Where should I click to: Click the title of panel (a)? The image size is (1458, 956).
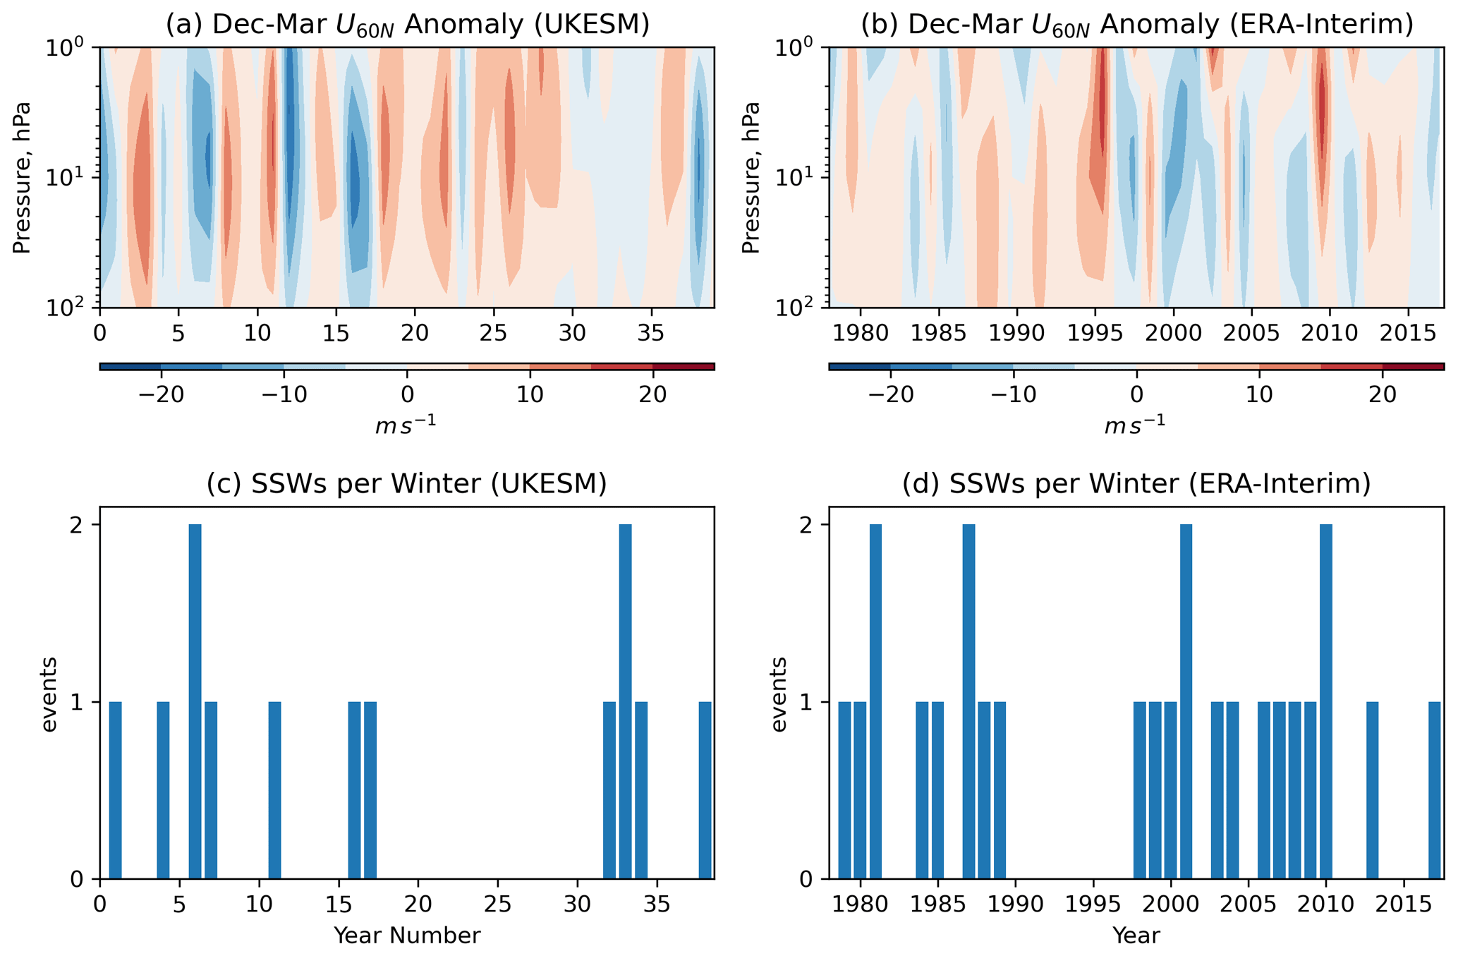[x=407, y=25]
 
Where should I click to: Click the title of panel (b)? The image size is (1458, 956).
[x=1136, y=25]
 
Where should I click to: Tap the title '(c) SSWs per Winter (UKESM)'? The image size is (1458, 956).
[x=407, y=484]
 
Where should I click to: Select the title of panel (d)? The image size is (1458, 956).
[x=1136, y=484]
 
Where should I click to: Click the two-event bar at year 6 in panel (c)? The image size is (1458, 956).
[x=195, y=701]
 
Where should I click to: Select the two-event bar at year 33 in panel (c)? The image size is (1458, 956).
[x=625, y=701]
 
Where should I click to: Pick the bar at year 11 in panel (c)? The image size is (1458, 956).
[x=275, y=790]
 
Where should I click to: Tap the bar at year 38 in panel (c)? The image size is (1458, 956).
[x=705, y=790]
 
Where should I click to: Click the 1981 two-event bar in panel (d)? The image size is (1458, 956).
[x=875, y=701]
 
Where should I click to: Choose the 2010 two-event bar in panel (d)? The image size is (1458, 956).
[x=1326, y=701]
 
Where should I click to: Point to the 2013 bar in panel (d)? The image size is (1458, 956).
[x=1373, y=790]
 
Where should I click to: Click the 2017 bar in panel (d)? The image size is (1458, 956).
[x=1435, y=790]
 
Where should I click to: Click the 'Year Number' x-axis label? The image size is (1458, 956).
[x=407, y=936]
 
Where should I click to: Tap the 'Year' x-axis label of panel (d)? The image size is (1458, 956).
[x=1136, y=936]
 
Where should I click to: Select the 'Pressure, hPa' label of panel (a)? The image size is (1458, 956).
[x=23, y=177]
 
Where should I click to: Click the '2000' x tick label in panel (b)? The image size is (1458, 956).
[x=1173, y=333]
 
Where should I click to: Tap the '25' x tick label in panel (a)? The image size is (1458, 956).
[x=493, y=333]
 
